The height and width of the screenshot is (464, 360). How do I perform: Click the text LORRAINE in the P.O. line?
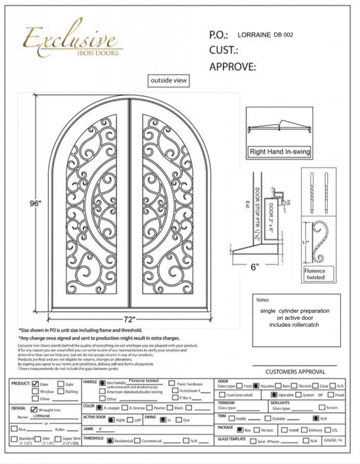pos(254,34)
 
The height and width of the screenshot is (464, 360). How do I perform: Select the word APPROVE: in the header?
pos(233,67)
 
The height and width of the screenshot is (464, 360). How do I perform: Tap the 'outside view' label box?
pos(169,81)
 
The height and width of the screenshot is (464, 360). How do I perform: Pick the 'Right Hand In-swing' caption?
pos(280,152)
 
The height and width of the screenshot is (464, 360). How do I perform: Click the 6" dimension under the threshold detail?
pos(255,267)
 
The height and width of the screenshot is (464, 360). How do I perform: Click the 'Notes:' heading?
pos(263,300)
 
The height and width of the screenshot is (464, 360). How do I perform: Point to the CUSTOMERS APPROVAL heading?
pos(295,372)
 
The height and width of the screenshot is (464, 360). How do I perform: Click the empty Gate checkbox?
pos(61,384)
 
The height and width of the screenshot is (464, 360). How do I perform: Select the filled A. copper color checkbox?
pos(99,407)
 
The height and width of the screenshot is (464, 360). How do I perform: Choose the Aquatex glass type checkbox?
pos(256,386)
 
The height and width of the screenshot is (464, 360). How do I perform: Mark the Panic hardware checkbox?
pos(172,383)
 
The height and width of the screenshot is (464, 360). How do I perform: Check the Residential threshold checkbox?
pos(110,440)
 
